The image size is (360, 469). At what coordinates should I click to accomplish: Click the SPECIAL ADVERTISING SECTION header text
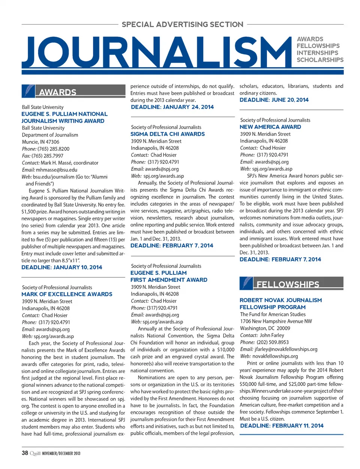coord(183,25)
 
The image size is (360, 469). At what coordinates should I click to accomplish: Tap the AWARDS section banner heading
coord(57,92)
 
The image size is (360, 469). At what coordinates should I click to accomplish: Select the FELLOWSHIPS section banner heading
coord(288,284)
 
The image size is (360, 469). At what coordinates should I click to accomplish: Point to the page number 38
coord(25,453)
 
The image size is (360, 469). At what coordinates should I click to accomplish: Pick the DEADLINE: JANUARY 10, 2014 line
coord(61,267)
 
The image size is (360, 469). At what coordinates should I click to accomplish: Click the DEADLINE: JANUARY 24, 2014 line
coord(172,107)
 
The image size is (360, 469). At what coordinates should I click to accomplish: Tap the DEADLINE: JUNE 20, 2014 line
coord(274,100)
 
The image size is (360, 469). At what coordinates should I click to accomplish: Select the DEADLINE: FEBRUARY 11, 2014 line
coord(282,426)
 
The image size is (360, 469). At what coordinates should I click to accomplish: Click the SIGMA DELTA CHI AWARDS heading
coord(168,134)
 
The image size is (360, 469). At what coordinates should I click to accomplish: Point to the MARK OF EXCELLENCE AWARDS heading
coord(67,294)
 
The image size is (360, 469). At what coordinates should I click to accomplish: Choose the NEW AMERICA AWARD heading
coord(270,127)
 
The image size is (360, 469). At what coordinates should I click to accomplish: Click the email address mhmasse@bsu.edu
coord(57,170)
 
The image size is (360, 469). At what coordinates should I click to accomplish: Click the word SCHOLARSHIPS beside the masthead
coord(320,60)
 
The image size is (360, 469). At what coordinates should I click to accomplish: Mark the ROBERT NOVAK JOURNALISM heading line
coord(280,300)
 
